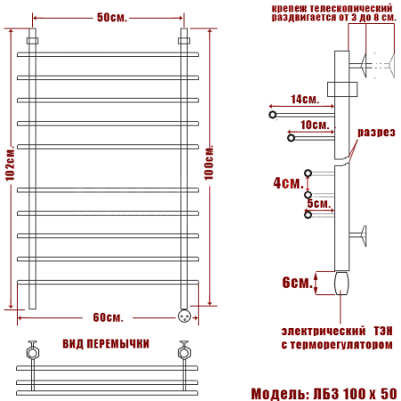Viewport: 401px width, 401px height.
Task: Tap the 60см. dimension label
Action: pyautogui.click(x=109, y=318)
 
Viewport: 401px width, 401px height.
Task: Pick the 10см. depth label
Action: pyautogui.click(x=312, y=125)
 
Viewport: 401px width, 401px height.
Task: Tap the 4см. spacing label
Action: pyautogui.click(x=287, y=183)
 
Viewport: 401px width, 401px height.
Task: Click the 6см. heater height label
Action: pyautogui.click(x=296, y=282)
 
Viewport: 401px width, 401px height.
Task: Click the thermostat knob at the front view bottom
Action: pyautogui.click(x=185, y=315)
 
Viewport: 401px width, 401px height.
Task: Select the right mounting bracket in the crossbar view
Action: pyautogui.click(x=185, y=348)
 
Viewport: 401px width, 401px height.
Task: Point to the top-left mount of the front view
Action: pyautogui.click(x=33, y=40)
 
